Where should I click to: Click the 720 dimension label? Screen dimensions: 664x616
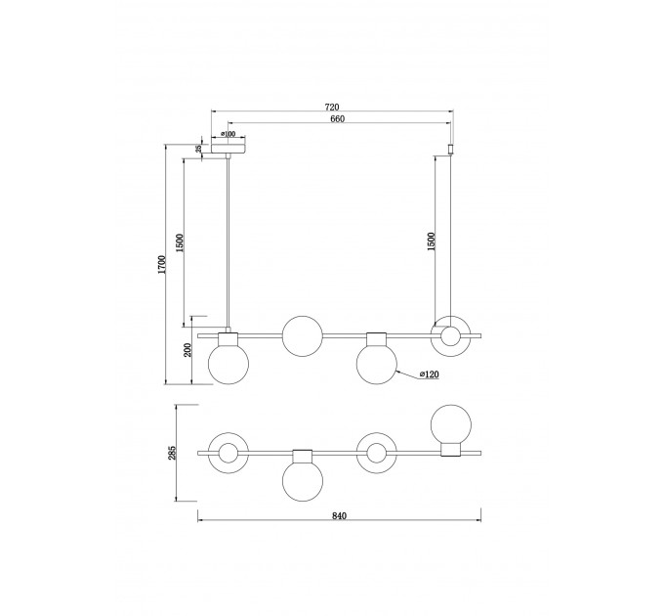[x=332, y=108]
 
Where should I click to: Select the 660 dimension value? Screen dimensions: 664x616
[x=338, y=119]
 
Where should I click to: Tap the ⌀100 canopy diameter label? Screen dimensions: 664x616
[x=228, y=134]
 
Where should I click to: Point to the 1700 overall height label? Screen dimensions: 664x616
[x=161, y=265]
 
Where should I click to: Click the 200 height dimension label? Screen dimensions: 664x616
[x=188, y=350]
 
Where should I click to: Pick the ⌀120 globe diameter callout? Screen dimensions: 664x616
[x=429, y=374]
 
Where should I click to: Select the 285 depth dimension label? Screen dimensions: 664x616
[x=172, y=453]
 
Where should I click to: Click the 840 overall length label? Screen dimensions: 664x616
[x=339, y=516]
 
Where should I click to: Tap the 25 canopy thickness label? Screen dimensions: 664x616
[x=198, y=149]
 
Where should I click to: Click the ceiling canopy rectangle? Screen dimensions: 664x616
[x=228, y=149]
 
